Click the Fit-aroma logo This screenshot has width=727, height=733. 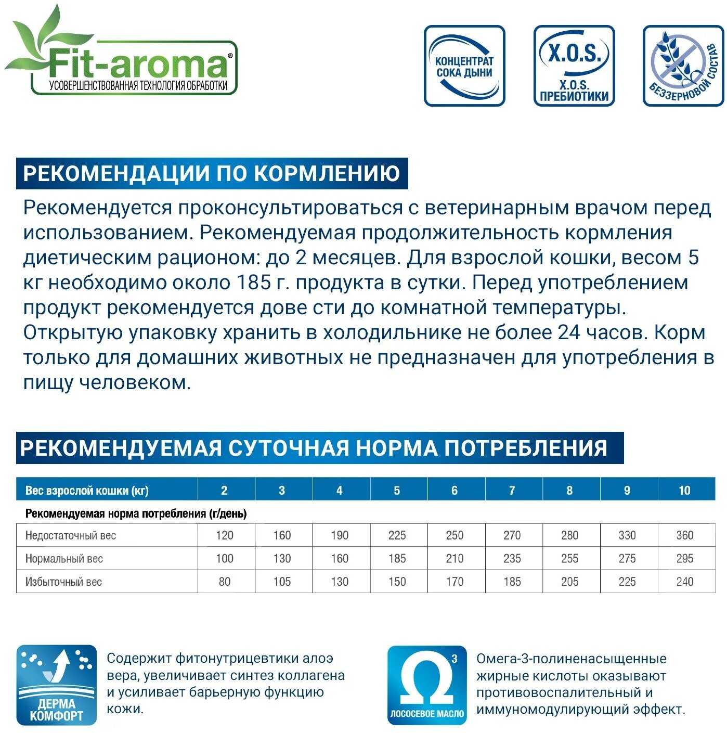coord(122,57)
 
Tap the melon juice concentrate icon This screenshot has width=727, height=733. coord(464,66)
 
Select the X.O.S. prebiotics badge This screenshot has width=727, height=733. coord(574,66)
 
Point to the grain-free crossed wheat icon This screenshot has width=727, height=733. coord(683,66)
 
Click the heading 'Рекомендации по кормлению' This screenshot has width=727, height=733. coord(212,173)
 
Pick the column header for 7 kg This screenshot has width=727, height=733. coord(512,490)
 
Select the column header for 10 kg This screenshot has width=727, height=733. coord(684,490)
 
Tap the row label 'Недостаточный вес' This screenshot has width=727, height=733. coord(71,535)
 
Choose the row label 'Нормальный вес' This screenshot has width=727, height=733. coord(64,559)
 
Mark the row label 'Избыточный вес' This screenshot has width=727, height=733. coord(63,582)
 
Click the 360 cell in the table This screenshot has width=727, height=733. coord(684,535)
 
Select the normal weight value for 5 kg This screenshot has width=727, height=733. coord(397,559)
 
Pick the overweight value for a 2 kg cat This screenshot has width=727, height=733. coord(224,582)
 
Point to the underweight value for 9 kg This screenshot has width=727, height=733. coord(627,535)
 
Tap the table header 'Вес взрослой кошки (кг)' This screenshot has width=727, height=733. coord(87,490)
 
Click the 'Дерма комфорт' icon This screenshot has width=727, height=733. coord(57,685)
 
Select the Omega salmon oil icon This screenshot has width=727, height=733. coord(427,685)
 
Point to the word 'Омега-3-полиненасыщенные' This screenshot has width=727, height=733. coord(571,659)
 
